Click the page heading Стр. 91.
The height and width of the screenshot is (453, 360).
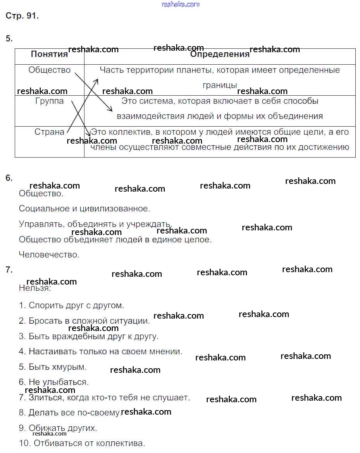22,16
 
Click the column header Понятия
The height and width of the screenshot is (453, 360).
49,54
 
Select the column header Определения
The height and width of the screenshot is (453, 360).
220,54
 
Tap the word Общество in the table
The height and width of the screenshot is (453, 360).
50,70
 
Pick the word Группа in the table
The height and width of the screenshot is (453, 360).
50,101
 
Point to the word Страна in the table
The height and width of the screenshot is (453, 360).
49,132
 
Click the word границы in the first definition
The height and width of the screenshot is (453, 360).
220,85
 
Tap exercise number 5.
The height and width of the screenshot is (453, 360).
9,39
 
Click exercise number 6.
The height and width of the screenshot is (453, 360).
9,178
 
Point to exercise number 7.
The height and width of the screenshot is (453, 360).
9,270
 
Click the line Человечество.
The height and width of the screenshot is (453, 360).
49,255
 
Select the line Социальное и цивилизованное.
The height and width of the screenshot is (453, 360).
84,209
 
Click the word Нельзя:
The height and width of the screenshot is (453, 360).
35,288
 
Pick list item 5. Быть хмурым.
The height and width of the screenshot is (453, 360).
53,367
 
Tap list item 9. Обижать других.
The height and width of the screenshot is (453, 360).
58,428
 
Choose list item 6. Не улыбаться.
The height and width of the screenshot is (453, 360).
53,382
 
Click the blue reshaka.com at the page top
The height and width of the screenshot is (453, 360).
180,4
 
